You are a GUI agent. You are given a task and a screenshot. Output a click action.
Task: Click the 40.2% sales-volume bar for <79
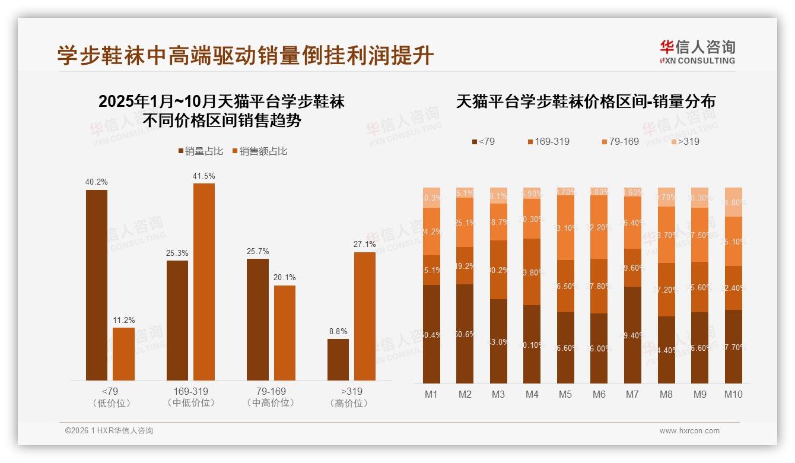97,285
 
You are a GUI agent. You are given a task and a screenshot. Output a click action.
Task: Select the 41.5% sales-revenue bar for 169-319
204,282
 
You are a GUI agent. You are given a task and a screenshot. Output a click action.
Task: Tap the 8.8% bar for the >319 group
338,360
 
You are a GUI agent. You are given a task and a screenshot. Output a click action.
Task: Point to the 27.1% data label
364,244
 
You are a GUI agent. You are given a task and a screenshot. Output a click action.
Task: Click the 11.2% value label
123,320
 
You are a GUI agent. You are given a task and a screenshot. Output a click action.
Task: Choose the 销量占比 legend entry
201,151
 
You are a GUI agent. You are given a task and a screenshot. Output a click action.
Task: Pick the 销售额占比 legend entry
259,151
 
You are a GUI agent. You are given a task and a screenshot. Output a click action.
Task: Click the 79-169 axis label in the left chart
271,392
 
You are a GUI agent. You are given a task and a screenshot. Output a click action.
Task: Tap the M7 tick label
633,394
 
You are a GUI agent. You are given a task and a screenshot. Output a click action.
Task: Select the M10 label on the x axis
734,394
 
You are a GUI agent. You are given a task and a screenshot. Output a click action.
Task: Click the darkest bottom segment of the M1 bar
431,334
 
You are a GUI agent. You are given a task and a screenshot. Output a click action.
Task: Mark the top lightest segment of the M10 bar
733,202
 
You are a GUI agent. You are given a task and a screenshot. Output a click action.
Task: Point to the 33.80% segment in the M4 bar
532,272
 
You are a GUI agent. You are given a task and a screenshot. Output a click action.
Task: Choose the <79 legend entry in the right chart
483,142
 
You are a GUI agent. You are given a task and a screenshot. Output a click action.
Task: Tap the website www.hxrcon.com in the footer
689,431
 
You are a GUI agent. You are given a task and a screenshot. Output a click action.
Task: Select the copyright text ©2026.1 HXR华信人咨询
109,431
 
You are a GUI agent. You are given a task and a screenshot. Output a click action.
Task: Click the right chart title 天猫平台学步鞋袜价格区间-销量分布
586,102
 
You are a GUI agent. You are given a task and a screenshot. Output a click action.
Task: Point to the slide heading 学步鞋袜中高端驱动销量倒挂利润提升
246,56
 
